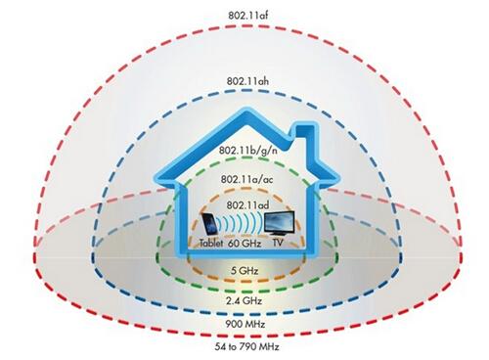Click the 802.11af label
click(x=245, y=15)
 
